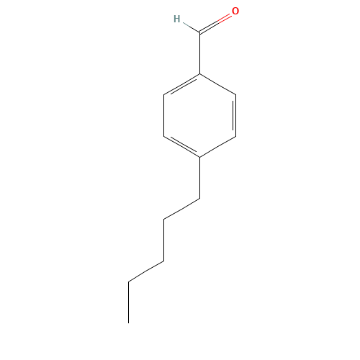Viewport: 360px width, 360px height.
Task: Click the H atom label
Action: (176, 19)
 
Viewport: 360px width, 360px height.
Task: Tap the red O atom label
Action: (235, 12)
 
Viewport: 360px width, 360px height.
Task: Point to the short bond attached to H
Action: (189, 27)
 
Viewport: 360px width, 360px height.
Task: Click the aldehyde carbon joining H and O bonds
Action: (199, 32)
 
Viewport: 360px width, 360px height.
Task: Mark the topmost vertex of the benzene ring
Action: (199, 73)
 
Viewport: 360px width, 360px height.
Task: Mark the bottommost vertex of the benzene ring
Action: (199, 156)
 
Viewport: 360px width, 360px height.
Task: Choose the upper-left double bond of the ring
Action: (181, 84)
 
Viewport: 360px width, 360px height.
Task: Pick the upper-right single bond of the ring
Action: (217, 84)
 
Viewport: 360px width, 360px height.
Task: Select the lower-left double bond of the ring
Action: (181, 146)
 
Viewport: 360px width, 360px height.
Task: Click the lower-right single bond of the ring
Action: (217, 146)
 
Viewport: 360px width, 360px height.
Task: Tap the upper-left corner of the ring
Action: (164, 94)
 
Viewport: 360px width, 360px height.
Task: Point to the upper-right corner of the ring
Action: (235, 94)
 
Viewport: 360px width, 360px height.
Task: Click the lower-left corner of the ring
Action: (164, 135)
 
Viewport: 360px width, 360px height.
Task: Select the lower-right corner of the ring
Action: (235, 135)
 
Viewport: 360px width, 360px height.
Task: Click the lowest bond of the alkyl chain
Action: (146, 271)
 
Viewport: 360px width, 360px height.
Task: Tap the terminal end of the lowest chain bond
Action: (129, 281)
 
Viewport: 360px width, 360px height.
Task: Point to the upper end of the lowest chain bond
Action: (163, 261)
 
